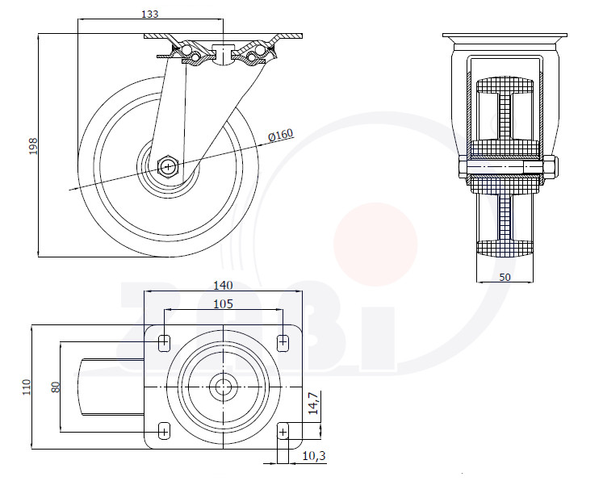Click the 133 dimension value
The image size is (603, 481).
[x=149, y=14]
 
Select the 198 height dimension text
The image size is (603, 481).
[x=33, y=146]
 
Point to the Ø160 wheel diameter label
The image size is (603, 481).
[x=281, y=135]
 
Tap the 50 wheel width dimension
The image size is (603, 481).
[x=505, y=277]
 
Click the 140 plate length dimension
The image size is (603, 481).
[x=223, y=286]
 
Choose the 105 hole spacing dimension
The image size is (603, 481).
[x=223, y=304]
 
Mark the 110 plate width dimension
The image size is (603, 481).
[x=26, y=387]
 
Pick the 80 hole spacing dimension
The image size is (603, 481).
[x=56, y=387]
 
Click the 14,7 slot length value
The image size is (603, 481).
[x=314, y=403]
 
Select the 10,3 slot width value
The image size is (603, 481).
[x=314, y=456]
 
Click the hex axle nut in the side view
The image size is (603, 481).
[x=168, y=166]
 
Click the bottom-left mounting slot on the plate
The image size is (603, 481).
[x=164, y=432]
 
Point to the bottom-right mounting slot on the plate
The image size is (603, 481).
[x=283, y=432]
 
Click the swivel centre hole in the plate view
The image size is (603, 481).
[x=223, y=387]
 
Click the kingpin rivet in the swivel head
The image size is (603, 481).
[x=223, y=55]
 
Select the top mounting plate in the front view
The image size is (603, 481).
[x=505, y=36]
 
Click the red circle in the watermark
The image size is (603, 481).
[x=375, y=245]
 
